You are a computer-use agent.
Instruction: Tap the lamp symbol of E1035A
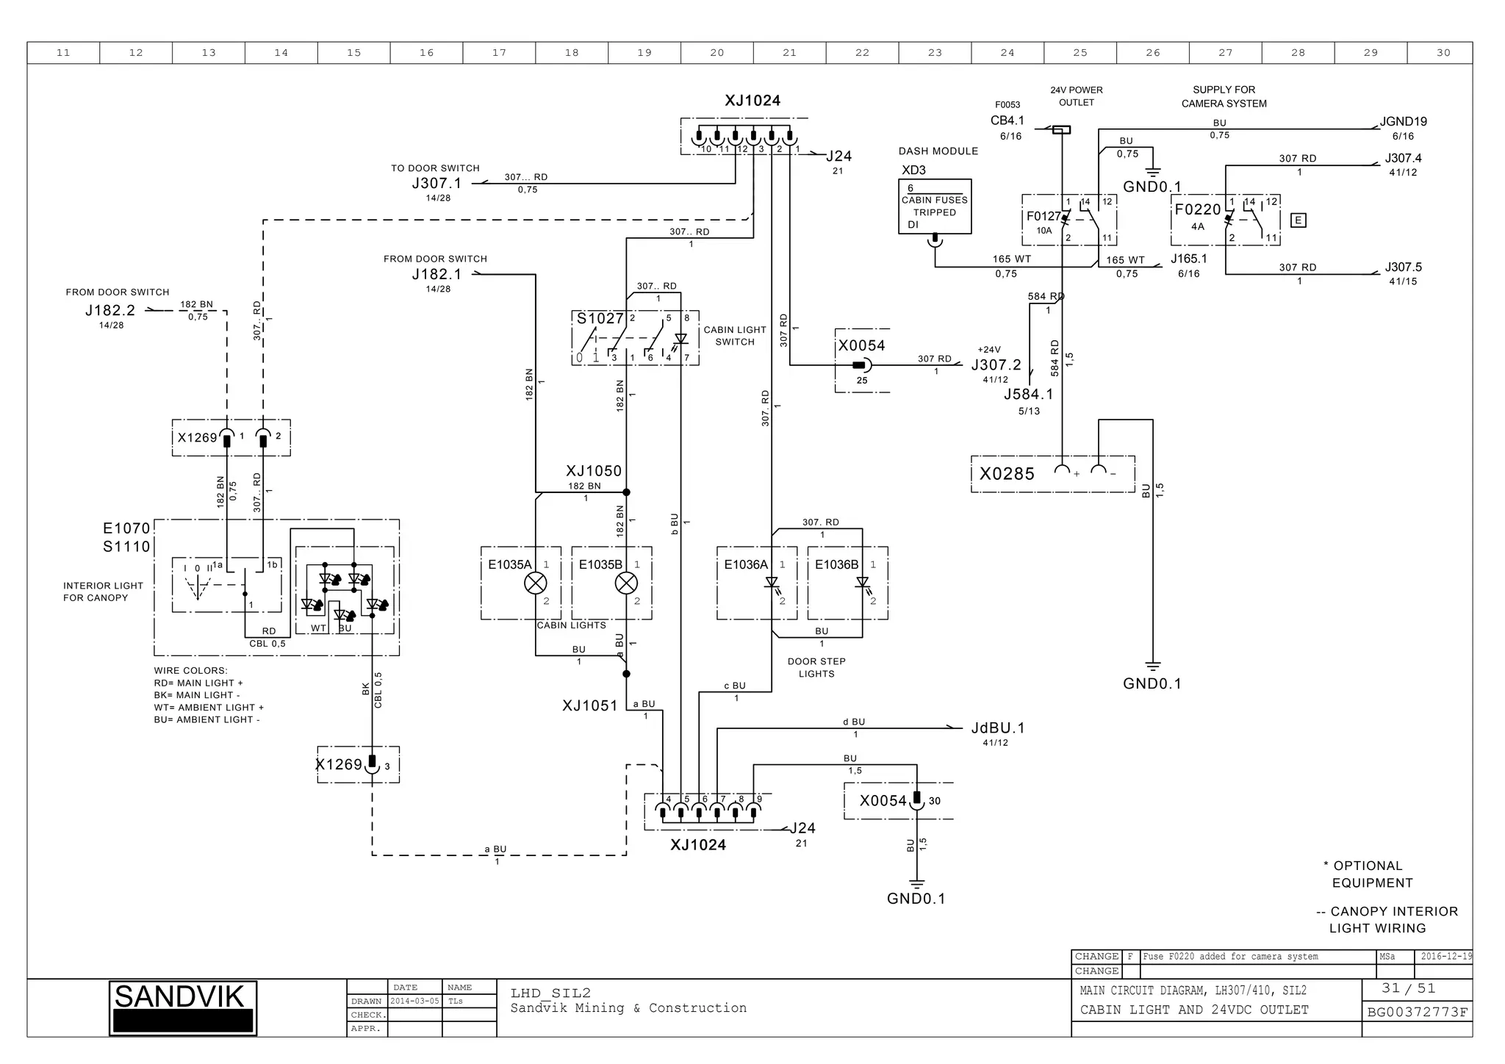coord(535,583)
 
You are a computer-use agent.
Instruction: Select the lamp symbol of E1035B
coord(626,583)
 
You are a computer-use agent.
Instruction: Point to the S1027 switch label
coord(600,318)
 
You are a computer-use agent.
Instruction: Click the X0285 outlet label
coord(1007,474)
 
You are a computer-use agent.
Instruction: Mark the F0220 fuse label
coord(1197,209)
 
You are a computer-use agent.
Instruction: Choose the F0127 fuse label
coord(1044,216)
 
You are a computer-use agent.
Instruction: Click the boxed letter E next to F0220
coord(1299,220)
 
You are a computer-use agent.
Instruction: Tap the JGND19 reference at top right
coord(1403,122)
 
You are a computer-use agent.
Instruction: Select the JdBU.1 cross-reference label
coord(997,728)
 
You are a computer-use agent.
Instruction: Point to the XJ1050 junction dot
coord(626,492)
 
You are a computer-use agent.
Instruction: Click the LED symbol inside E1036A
coord(772,583)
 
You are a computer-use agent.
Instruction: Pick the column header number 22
coord(862,53)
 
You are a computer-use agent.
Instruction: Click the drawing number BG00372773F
coord(1417,1013)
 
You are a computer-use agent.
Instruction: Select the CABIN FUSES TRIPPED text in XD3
coord(934,206)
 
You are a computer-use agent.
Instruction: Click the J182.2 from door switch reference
coord(110,311)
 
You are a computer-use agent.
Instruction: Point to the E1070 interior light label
coord(126,528)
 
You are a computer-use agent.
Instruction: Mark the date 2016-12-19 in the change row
coord(1445,957)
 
